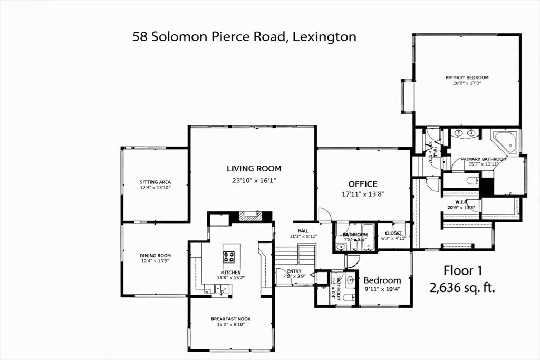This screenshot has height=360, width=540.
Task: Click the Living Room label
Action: (254, 169)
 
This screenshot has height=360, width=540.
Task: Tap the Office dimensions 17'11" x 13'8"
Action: (363, 193)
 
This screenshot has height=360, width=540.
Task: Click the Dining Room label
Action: (155, 256)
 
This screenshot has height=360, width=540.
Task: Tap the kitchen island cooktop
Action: (229, 257)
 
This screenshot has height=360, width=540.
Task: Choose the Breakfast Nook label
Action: (230, 319)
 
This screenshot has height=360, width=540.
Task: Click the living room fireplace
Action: (250, 216)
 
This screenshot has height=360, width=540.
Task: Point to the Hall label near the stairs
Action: (303, 231)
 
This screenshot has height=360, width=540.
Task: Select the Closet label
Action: (393, 233)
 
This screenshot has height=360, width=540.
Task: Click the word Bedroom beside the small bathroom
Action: (382, 280)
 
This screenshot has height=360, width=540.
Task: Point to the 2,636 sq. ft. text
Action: (462, 288)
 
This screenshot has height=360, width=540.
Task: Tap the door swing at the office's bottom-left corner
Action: (324, 215)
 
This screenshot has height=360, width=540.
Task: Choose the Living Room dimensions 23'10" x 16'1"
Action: (254, 180)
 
